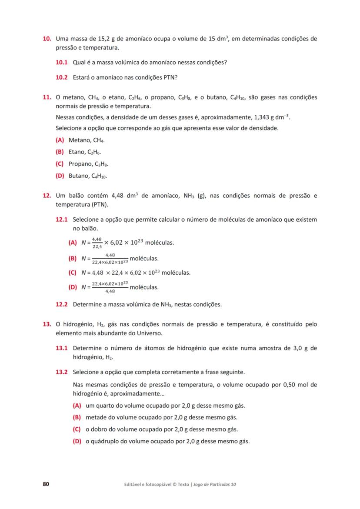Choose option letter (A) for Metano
pyautogui.click(x=60, y=140)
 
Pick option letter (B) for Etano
pyautogui.click(x=60, y=152)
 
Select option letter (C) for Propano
pyautogui.click(x=60, y=164)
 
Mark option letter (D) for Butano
pyautogui.click(x=60, y=176)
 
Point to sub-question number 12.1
pyautogui.click(x=62, y=220)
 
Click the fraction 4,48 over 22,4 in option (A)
pyautogui.click(x=97, y=243)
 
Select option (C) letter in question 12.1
pyautogui.click(x=73, y=273)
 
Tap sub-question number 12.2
pyautogui.click(x=62, y=304)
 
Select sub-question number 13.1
pyautogui.click(x=62, y=348)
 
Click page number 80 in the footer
pyautogui.click(x=46, y=484)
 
